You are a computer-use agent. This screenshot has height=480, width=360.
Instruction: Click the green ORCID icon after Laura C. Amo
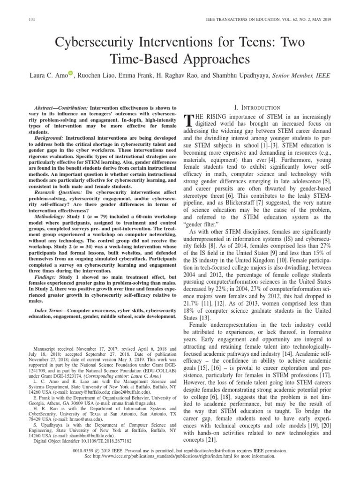coord(71,73)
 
